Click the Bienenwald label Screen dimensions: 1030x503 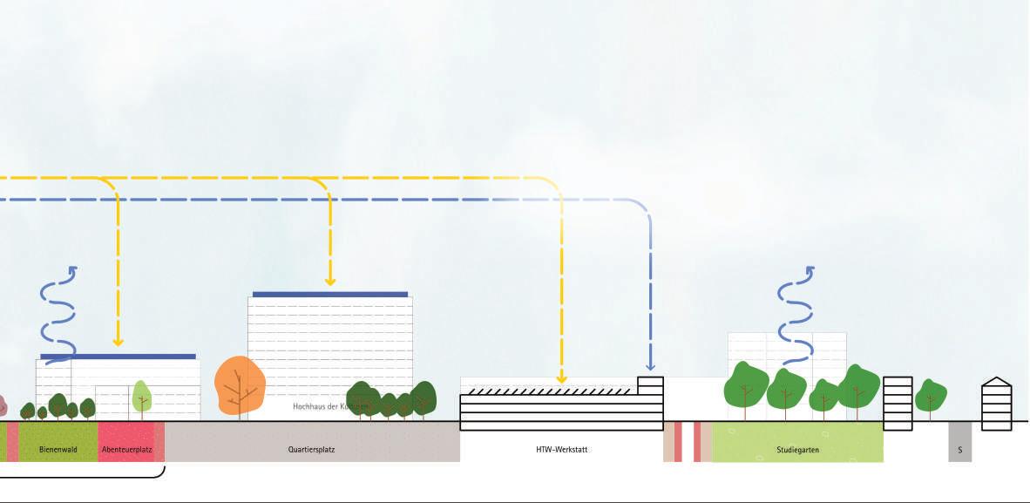58,451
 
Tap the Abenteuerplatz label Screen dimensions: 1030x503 127,451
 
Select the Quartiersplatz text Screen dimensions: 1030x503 311,451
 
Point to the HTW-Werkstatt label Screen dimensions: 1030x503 562,451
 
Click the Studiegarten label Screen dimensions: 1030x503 797,451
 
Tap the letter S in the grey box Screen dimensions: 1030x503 959,451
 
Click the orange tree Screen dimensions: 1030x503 239,384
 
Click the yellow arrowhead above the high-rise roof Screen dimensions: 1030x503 330,280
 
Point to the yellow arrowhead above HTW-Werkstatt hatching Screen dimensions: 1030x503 561,378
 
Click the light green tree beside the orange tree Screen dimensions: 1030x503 141,397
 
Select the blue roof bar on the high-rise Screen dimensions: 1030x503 330,295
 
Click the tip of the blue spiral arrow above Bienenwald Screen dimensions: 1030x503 73,270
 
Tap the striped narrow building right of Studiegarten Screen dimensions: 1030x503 898,403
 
